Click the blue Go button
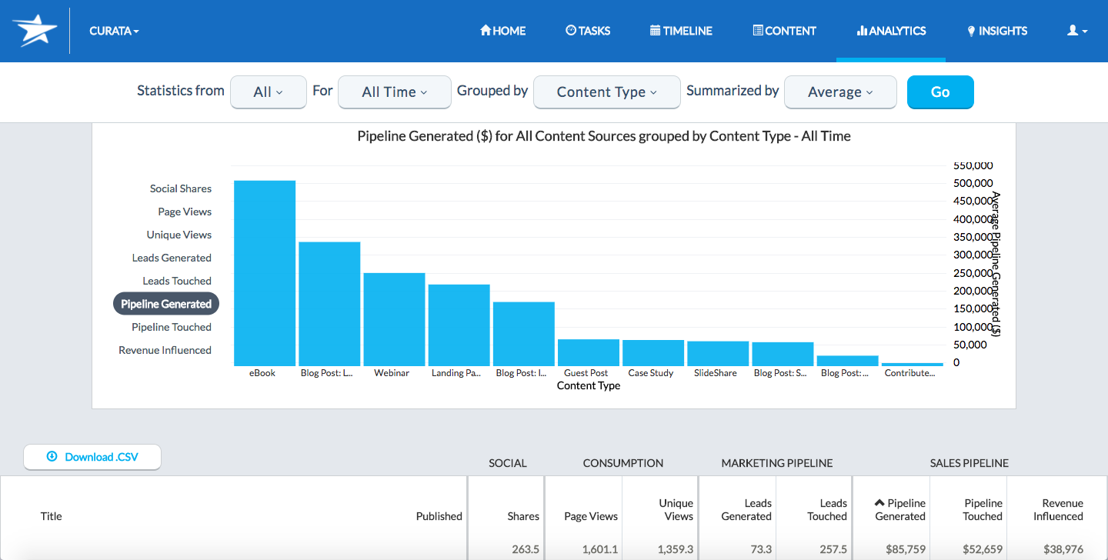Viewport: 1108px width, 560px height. (x=940, y=92)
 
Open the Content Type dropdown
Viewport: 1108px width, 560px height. (x=606, y=92)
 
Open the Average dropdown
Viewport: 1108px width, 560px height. (x=839, y=92)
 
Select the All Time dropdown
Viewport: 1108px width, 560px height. (x=394, y=92)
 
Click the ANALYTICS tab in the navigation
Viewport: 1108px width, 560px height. (x=891, y=31)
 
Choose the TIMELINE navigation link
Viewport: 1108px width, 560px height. (x=681, y=31)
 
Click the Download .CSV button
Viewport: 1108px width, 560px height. (x=92, y=457)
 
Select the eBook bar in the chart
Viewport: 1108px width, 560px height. (x=265, y=273)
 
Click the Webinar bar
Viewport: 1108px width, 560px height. (x=394, y=319)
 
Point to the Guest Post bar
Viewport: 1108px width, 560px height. (x=588, y=352)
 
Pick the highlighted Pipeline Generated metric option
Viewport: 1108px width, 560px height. (x=166, y=304)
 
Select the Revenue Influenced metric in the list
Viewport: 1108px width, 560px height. (x=165, y=350)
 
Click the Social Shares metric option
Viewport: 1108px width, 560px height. (x=180, y=188)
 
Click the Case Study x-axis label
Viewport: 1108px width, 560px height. (x=650, y=373)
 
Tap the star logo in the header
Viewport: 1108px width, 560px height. (x=35, y=31)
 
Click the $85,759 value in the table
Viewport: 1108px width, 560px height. (x=900, y=549)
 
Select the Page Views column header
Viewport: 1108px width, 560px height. (x=590, y=516)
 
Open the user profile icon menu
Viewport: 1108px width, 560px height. (x=1076, y=31)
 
